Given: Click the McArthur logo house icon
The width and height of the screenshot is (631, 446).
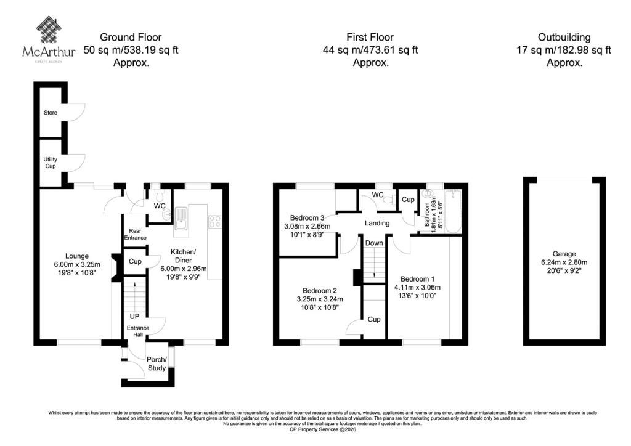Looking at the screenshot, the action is pos(49,30).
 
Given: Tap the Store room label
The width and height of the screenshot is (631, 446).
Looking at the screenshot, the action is pos(51,113).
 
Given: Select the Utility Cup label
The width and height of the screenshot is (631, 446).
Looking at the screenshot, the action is pos(51,163).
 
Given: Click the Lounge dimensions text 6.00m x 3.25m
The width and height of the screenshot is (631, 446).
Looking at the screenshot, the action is pos(77,265).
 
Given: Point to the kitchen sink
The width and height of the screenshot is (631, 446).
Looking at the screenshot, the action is pos(181,221).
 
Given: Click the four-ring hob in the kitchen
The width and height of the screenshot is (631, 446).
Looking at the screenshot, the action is pos(214,222).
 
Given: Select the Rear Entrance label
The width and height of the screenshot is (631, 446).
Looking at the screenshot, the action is pos(135,235).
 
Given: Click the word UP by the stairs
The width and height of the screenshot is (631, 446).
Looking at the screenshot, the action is pos(134,317).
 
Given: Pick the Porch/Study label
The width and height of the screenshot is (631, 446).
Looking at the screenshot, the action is pos(157,363).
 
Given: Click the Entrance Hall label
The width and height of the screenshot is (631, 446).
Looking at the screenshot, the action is pos(138,331).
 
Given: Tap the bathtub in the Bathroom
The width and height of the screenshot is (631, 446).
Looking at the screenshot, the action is pos(453,211).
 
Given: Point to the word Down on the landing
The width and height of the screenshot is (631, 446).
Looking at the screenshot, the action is pos(374,243).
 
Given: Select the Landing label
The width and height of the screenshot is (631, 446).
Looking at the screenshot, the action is pos(377,223).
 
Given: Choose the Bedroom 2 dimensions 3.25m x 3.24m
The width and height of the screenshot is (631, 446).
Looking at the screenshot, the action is pos(320,299).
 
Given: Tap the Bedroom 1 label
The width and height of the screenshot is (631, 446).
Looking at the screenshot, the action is pos(417,278).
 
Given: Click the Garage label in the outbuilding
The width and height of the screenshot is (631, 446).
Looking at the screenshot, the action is pos(564,254).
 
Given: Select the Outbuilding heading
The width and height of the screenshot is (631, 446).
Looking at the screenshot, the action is pos(564,38).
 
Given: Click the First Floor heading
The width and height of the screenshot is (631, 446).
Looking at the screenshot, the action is pos(370,38).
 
